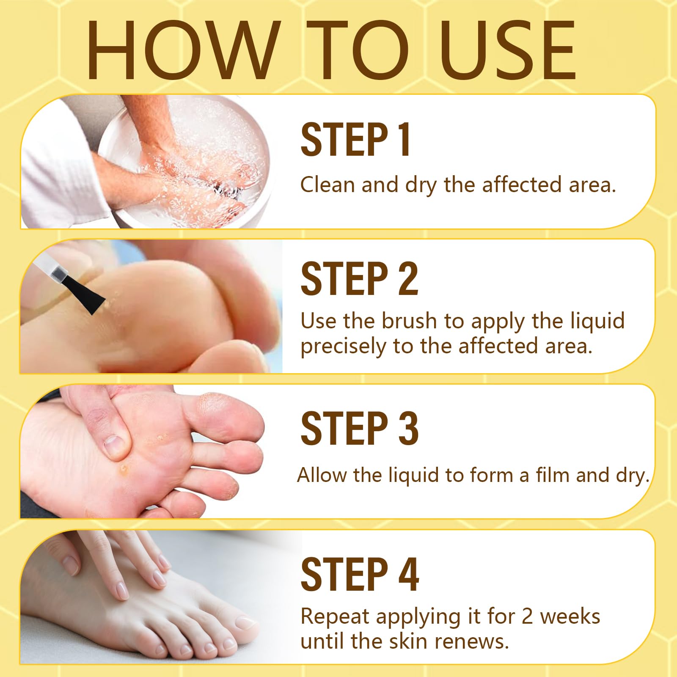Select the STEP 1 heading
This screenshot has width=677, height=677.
[x=355, y=140]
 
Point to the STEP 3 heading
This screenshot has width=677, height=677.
[x=360, y=428]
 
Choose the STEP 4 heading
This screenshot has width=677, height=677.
[x=360, y=574]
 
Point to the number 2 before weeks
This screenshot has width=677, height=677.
[x=527, y=616]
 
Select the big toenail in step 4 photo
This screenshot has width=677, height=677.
[x=246, y=624]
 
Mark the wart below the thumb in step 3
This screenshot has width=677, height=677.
[x=124, y=468]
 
